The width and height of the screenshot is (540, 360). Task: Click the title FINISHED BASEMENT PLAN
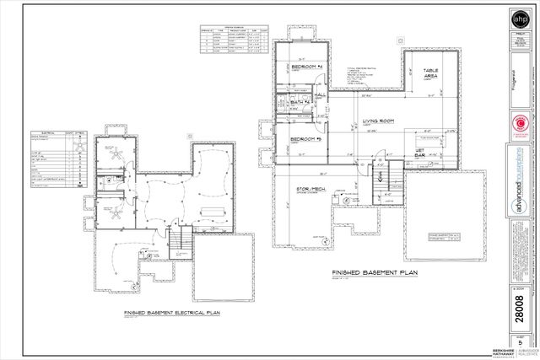click(x=372, y=275)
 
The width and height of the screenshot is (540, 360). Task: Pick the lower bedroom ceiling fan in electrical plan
click(x=110, y=207)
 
